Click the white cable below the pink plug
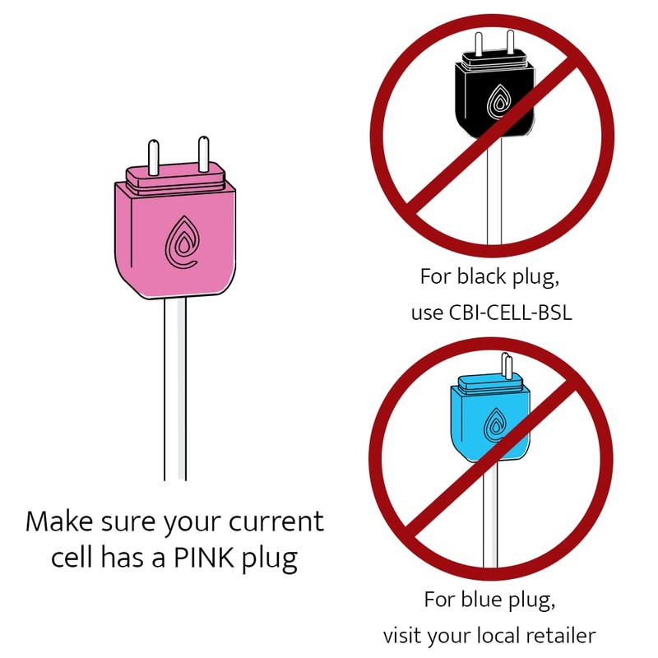174,387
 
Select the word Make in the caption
58,521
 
